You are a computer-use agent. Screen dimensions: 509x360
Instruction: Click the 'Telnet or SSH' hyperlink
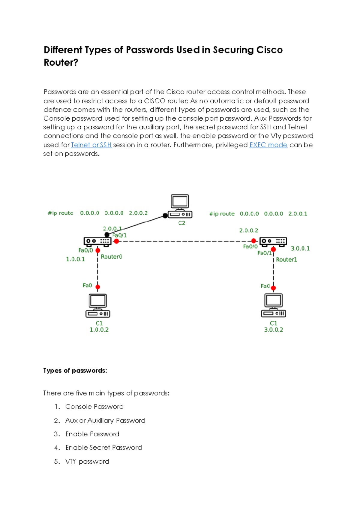(x=91, y=145)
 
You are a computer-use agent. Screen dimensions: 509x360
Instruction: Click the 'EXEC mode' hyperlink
(x=268, y=145)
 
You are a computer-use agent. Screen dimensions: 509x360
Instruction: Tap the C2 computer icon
(x=180, y=206)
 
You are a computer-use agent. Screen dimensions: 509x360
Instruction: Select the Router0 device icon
(x=97, y=241)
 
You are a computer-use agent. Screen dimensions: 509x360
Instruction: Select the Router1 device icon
(x=273, y=241)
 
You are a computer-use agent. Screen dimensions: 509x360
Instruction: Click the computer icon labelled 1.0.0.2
(x=98, y=306)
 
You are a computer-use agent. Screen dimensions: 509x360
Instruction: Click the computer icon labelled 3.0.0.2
(x=273, y=305)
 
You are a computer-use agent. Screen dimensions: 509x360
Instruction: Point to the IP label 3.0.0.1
(x=300, y=248)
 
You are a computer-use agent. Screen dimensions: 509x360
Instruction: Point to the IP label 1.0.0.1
(x=75, y=259)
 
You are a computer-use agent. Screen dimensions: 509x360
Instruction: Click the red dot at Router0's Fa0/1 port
(x=116, y=241)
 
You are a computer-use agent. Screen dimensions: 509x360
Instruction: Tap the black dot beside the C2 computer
(x=165, y=216)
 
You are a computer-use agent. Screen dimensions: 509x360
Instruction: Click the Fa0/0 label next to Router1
(x=250, y=247)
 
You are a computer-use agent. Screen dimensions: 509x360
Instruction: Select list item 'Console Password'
(x=94, y=407)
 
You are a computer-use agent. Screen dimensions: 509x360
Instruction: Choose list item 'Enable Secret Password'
(x=103, y=448)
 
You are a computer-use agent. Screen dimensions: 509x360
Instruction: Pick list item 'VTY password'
(x=87, y=462)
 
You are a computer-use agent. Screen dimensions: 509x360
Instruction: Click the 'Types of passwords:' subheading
(x=75, y=371)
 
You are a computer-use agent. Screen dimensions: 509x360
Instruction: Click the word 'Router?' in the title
(x=61, y=62)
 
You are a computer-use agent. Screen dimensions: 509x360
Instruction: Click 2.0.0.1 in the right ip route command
(x=298, y=214)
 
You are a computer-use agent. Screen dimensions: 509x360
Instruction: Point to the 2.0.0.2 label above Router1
(x=248, y=230)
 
